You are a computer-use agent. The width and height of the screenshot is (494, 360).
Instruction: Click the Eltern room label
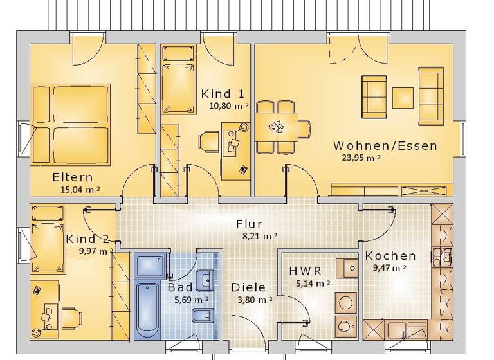[73, 177]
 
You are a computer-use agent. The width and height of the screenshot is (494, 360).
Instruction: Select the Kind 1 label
[223, 94]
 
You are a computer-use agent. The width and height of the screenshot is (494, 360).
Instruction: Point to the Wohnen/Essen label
[385, 145]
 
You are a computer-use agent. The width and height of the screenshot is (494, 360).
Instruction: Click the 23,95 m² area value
[356, 157]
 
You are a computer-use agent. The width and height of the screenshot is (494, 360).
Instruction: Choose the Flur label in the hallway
[249, 224]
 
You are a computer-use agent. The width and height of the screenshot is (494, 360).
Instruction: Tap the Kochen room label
[390, 256]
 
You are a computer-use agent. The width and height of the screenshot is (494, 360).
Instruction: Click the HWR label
[306, 271]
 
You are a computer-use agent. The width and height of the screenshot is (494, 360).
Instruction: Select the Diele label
[248, 288]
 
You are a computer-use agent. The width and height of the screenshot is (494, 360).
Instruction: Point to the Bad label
[180, 287]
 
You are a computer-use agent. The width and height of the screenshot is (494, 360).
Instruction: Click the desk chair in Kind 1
[209, 141]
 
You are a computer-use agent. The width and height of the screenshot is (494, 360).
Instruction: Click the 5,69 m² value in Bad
[192, 300]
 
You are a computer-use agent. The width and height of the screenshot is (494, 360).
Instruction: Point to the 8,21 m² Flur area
[260, 237]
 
